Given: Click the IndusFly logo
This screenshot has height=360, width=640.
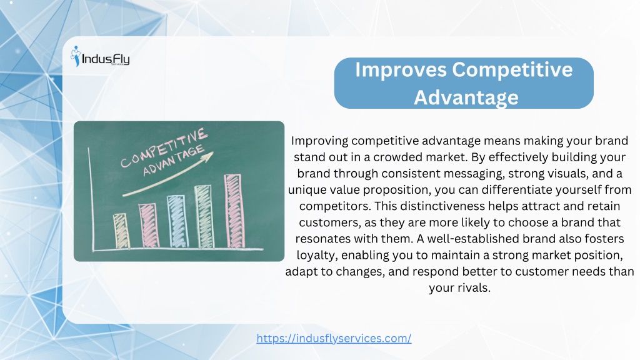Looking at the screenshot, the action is coord(100,57).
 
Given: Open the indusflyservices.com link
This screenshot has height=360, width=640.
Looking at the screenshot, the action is coord(334,338).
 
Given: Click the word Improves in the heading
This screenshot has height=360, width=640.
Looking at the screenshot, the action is coord(401,70).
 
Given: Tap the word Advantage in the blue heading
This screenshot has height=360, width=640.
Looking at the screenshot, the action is coord(466,97).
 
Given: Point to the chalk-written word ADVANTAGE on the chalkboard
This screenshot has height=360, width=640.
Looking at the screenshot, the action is coord(174,161).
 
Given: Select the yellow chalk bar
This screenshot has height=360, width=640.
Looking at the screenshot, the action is coord(121,231).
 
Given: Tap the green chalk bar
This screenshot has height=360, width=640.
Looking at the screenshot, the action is coord(204,216).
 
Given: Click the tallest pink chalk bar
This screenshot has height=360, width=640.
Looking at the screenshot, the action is coord(234,211).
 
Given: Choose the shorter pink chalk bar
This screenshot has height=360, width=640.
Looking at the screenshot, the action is coord(149,225).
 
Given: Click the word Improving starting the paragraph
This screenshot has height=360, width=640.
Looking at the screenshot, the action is coord(319,141).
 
